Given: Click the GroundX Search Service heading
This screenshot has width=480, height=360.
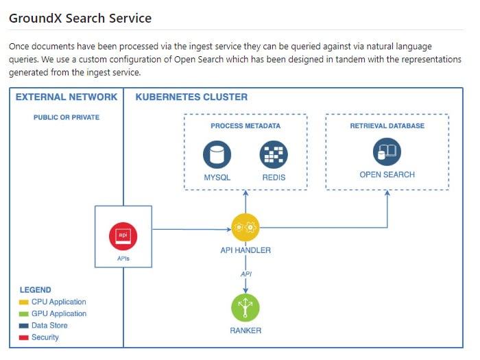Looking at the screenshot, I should coord(80,18).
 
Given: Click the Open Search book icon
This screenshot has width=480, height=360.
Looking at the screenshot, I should coord(387,152).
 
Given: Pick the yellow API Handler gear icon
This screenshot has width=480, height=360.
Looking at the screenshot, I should coord(245,228).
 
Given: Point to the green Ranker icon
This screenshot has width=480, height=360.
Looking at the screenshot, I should coord(245,307).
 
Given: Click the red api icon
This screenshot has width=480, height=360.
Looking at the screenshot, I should coord(123,236).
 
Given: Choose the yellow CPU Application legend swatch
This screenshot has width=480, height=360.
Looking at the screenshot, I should coord(24,302).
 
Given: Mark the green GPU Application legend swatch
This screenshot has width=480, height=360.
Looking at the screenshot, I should coord(24,313).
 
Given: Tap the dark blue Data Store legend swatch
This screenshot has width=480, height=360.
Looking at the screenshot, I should coord(24,326).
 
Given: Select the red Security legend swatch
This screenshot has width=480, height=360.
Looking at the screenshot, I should coord(24,337).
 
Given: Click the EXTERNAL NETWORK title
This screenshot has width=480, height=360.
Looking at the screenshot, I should coord(67,97).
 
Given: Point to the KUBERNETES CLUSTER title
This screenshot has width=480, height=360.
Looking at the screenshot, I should coord(191,97).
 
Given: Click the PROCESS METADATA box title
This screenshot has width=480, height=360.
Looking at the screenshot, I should coord(245,126).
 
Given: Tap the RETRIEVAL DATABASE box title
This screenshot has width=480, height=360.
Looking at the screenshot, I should coord(387,126).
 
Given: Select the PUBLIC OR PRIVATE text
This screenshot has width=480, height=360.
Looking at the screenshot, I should coord(67,117).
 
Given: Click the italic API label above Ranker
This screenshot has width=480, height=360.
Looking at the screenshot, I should coord(245,274).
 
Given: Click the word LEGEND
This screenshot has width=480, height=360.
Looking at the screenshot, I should coord(35,290).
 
